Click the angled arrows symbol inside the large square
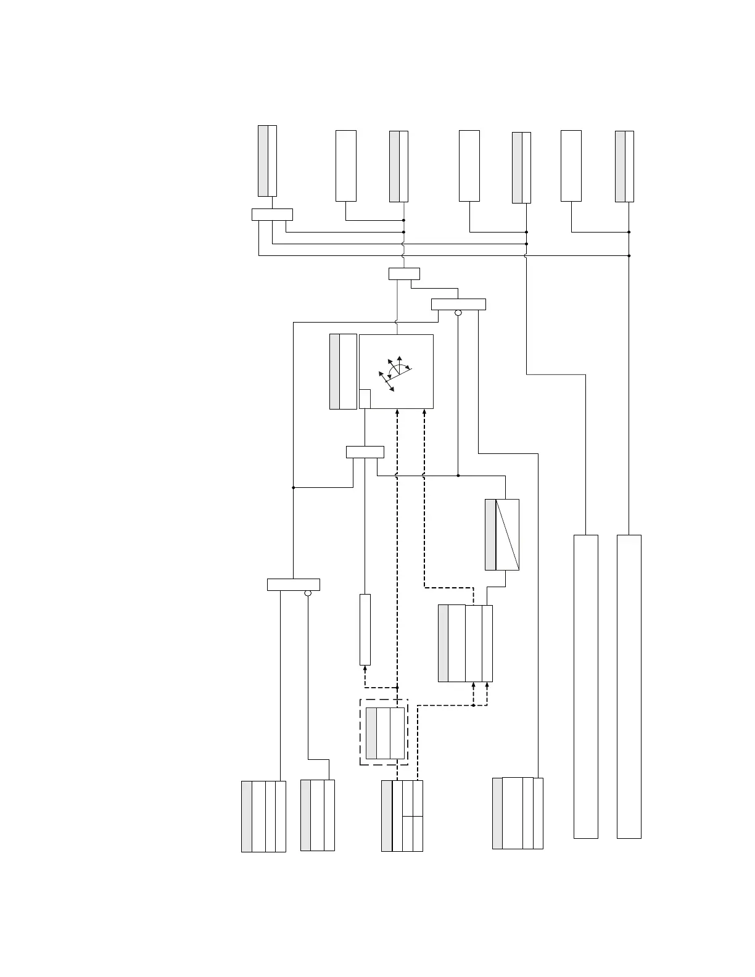pos(394,372)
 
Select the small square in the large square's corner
pos(365,398)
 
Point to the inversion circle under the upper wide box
pos(458,313)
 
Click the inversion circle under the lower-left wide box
pos(308,593)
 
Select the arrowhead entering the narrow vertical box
pos(365,668)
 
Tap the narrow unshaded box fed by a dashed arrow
pos(365,629)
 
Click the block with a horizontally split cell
pos(402,815)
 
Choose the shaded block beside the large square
pos(343,371)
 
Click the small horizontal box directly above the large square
pos(404,274)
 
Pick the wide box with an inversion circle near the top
pos(458,304)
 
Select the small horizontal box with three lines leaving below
pos(272,215)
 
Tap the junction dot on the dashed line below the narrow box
pos(397,687)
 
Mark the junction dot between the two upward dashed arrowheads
pos(473,706)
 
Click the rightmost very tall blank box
pos(629,686)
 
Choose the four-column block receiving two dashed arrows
pos(465,643)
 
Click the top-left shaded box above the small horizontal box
pos(267,160)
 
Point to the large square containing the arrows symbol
pos(396,371)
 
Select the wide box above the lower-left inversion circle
pos(293,585)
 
